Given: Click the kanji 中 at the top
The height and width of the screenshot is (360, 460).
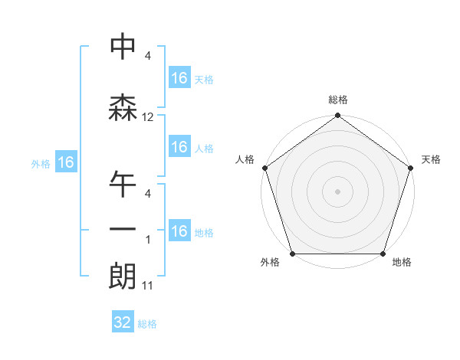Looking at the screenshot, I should [x=123, y=47].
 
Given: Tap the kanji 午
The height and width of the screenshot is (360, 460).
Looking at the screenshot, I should [x=123, y=185].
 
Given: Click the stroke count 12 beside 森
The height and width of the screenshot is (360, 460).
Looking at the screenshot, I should [x=148, y=117].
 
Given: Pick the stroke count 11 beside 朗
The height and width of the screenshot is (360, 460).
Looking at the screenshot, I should [x=148, y=286].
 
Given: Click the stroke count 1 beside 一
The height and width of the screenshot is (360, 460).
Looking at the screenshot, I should [x=148, y=240].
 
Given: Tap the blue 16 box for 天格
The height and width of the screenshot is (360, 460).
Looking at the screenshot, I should [x=179, y=78].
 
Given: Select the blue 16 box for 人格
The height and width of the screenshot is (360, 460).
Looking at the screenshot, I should [x=179, y=148].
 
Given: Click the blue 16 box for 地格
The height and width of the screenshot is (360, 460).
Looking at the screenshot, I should [x=179, y=232].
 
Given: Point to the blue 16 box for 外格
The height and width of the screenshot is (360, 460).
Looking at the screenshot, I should [x=65, y=162].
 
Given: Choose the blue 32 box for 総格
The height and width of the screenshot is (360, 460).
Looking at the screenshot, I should [x=123, y=323].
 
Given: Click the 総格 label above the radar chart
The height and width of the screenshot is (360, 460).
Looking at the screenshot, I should [x=338, y=100].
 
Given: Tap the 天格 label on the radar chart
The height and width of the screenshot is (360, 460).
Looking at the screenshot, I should [x=431, y=159].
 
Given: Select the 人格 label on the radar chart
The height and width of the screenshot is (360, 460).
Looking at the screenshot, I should [x=245, y=159].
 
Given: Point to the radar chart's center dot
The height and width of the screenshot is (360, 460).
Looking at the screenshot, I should [x=338, y=191].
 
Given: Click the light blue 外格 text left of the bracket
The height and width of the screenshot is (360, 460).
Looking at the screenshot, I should [x=41, y=163].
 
